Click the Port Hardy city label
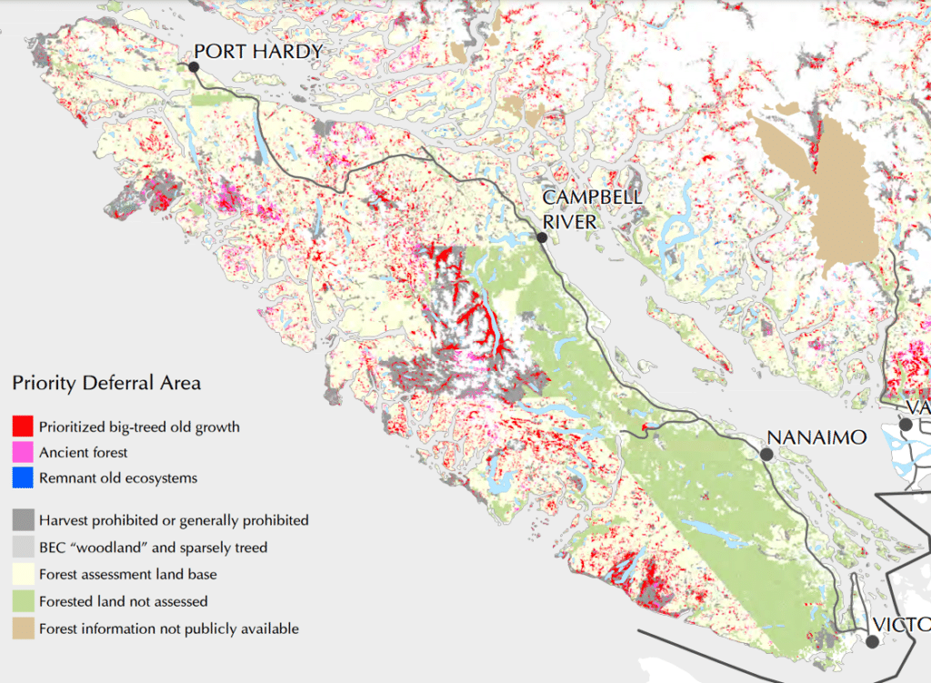pyautogui.click(x=258, y=51)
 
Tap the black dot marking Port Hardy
pyautogui.click(x=194, y=65)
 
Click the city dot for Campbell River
pyautogui.click(x=541, y=237)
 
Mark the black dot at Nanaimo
pyautogui.click(x=766, y=453)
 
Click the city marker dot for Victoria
pyautogui.click(x=872, y=641)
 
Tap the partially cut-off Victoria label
pyautogui.click(x=900, y=625)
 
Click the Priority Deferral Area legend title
pyautogui.click(x=106, y=383)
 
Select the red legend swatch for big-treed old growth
pyautogui.click(x=24, y=426)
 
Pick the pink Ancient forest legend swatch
pyautogui.click(x=24, y=452)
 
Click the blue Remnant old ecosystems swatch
pyautogui.click(x=24, y=477)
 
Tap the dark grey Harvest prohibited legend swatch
pyautogui.click(x=24, y=520)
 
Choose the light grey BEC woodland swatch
pyautogui.click(x=24, y=547)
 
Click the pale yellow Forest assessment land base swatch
pyautogui.click(x=24, y=574)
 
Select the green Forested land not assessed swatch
pyautogui.click(x=24, y=601)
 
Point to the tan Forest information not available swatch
pyautogui.click(x=24, y=628)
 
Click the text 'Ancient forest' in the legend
pyautogui.click(x=84, y=452)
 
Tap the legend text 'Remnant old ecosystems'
pyautogui.click(x=118, y=477)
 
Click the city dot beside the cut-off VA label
pyautogui.click(x=905, y=424)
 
